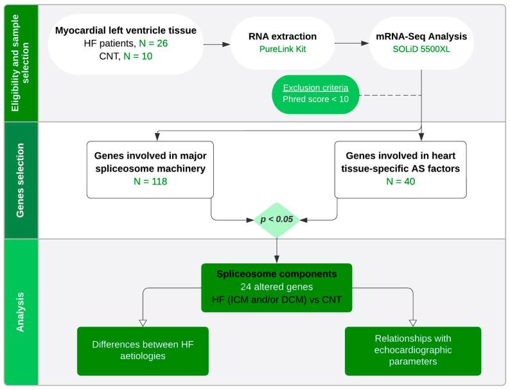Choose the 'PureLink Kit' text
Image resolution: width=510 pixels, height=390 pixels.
point(283,49)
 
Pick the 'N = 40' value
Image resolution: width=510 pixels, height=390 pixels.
point(401,182)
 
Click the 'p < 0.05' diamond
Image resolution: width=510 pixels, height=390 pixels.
point(277,219)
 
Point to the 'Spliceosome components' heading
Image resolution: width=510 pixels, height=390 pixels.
point(277,273)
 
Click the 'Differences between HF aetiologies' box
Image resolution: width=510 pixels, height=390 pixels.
point(143,351)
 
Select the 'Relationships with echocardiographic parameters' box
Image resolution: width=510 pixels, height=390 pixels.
point(412,351)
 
